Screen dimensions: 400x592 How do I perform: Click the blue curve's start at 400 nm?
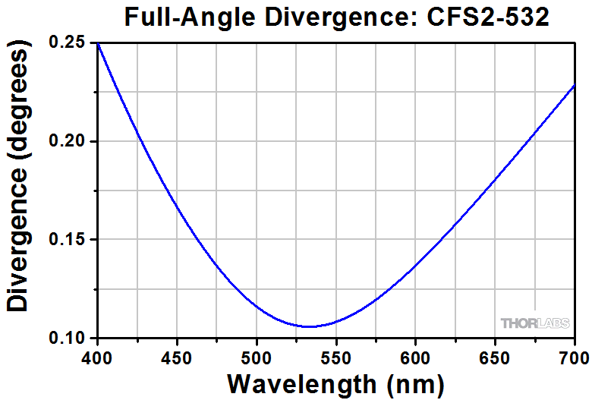(98, 44)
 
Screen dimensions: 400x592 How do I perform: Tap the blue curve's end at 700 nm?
(574, 86)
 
